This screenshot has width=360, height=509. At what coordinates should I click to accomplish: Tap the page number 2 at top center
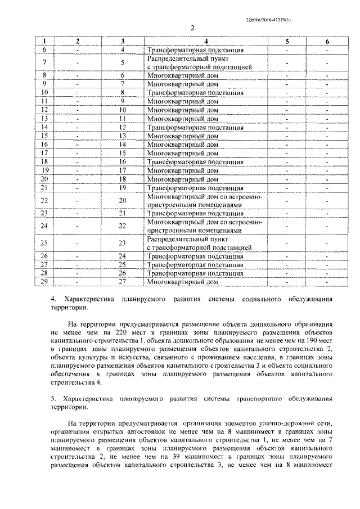[192, 29]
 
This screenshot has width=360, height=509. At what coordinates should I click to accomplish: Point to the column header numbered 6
[327, 41]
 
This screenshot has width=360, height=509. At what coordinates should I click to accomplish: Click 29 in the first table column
[44, 281]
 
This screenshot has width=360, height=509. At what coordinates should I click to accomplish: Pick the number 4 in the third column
[122, 49]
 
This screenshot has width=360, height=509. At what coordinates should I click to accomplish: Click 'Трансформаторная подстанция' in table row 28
[187, 273]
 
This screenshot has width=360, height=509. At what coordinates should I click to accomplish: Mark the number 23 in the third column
[122, 244]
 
